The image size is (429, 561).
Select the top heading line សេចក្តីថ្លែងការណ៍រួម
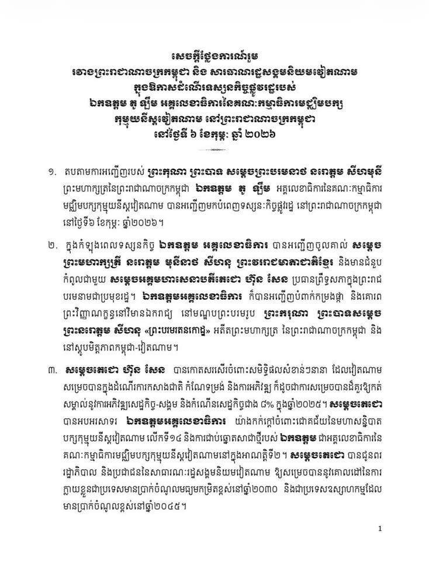(x=214, y=56)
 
